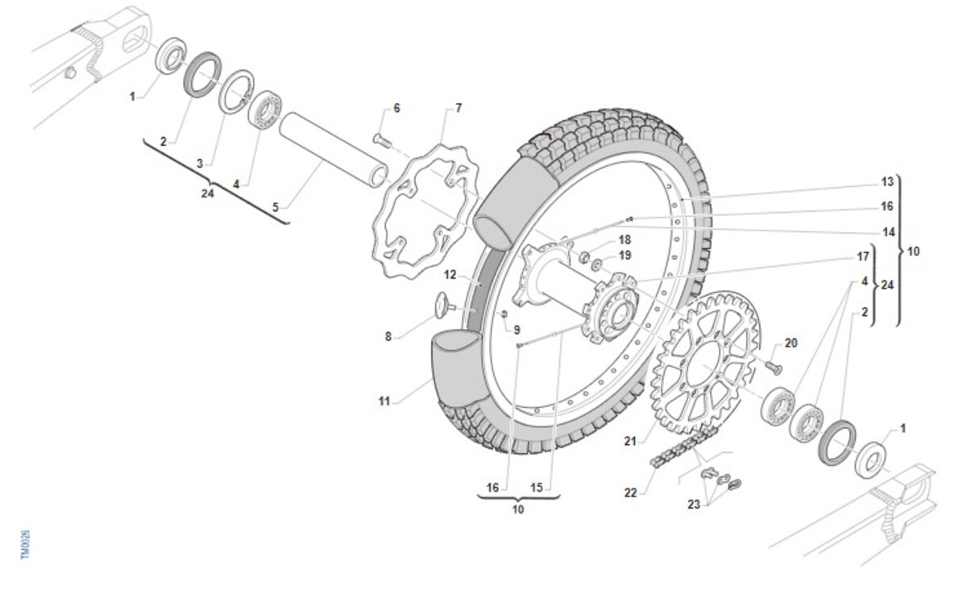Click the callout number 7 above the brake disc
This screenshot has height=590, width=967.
[459, 108]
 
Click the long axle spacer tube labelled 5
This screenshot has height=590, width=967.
[334, 150]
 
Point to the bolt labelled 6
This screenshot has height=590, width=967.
[382, 140]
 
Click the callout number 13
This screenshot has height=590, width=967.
[886, 182]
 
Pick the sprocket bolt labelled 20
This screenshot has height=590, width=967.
[774, 367]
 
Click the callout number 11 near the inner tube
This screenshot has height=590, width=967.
[384, 401]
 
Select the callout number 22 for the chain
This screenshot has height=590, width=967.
[630, 492]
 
